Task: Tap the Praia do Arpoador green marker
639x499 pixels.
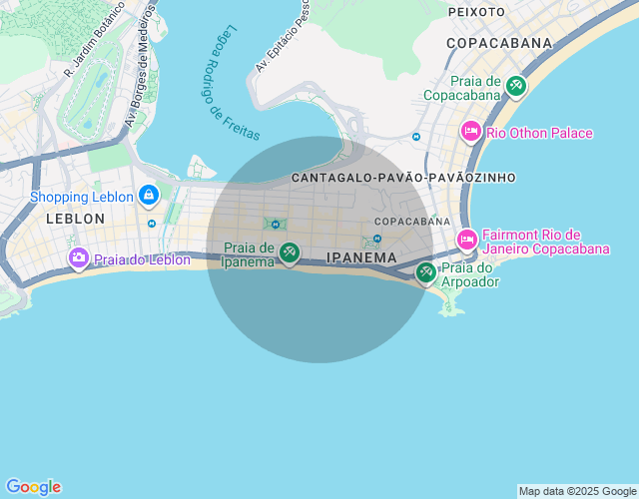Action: tap(426, 270)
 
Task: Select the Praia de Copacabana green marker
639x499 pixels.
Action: tap(515, 86)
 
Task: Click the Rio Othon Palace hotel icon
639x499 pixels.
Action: tap(470, 132)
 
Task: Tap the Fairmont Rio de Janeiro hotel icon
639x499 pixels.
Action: tap(466, 239)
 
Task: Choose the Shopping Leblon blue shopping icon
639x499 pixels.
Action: tap(148, 195)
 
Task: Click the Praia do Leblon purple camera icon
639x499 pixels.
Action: tap(78, 258)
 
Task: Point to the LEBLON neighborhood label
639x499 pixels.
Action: tap(75, 218)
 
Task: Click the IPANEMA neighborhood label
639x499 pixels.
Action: tap(361, 257)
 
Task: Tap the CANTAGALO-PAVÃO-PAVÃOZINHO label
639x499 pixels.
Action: tap(403, 177)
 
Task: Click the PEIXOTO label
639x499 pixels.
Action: tap(477, 11)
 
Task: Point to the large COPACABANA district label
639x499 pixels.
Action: tap(499, 43)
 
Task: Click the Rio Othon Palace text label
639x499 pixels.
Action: tap(539, 133)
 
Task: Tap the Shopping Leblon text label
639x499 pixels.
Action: tap(81, 197)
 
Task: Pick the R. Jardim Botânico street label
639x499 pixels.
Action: tap(94, 40)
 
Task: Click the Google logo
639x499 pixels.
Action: tap(33, 487)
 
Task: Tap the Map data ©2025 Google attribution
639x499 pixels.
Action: tap(577, 491)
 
